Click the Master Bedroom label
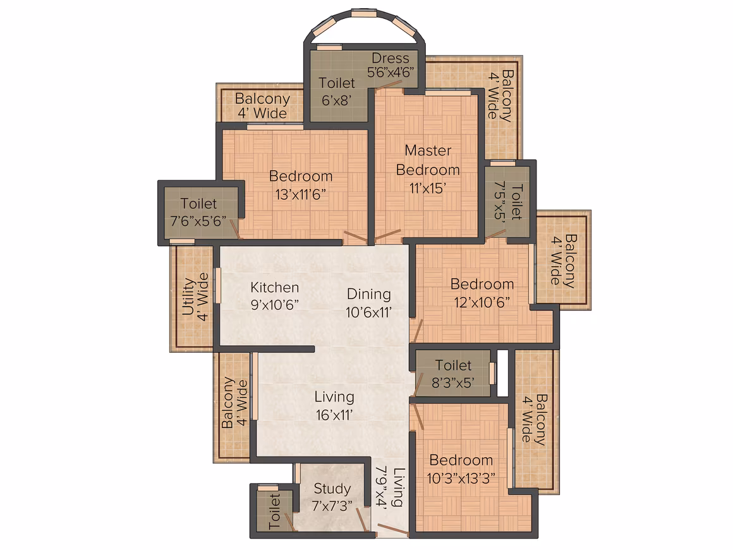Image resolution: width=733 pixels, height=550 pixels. (x=428, y=160)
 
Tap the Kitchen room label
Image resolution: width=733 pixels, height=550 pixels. (x=274, y=287)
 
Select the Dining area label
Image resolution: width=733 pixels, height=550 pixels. (x=369, y=294)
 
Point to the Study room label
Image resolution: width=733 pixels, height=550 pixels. (x=332, y=489)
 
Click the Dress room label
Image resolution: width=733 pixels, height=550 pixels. (x=391, y=58)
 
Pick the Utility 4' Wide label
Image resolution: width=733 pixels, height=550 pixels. (x=195, y=297)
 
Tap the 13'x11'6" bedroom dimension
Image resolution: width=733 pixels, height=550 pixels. (x=301, y=194)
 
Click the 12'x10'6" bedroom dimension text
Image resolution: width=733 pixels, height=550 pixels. (x=482, y=302)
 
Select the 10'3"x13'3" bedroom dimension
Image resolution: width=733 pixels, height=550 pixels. (x=461, y=479)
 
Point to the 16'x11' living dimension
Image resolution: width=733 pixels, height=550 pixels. (x=334, y=415)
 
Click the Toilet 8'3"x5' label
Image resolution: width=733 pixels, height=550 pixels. (x=453, y=374)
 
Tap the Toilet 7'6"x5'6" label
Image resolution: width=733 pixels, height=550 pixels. (x=198, y=212)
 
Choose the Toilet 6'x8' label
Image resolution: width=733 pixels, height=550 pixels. (x=337, y=91)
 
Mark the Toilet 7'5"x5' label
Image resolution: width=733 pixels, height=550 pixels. (x=508, y=201)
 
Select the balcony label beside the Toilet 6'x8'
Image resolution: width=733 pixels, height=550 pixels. (x=262, y=106)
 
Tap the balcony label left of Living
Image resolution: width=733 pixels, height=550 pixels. (x=234, y=403)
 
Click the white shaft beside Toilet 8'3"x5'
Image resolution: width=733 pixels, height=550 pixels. (x=502, y=373)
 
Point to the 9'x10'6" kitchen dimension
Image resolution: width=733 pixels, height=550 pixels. (x=274, y=305)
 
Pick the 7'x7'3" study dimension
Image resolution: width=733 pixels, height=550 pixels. (x=332, y=506)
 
